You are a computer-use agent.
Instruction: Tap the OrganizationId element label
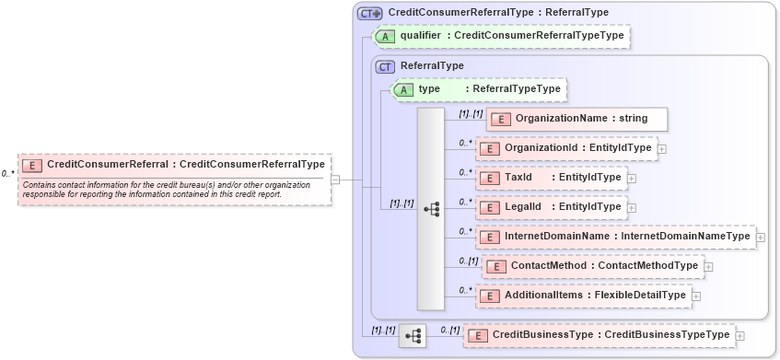point(565,148)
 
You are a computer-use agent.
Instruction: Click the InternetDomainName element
point(615,237)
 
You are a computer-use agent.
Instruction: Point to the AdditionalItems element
point(582,296)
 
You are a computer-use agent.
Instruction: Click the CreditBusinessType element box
point(599,335)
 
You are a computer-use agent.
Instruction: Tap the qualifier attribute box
point(501,36)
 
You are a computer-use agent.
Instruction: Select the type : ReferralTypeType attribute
point(479,89)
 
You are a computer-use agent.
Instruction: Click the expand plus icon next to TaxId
point(632,178)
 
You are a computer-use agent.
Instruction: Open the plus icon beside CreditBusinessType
point(740,336)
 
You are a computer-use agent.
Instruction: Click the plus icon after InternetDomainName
point(761,238)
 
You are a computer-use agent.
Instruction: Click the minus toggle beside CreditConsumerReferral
point(336,180)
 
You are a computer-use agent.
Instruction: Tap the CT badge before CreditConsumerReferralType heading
point(369,13)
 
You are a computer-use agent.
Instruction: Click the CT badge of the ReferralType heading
point(385,66)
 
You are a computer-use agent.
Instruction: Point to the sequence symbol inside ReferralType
point(431,209)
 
